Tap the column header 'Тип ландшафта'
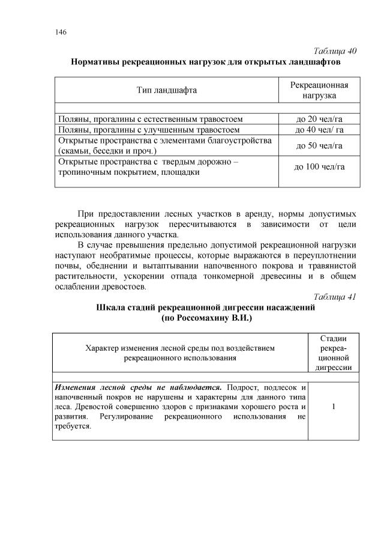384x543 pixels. pos(166,90)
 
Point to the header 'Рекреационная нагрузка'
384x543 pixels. pos(319,90)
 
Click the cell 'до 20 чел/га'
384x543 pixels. pos(319,118)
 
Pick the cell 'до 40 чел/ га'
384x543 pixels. pos(319,129)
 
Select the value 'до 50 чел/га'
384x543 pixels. pos(319,145)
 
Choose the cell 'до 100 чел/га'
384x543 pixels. pos(319,167)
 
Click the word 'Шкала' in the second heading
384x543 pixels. pos(111,307)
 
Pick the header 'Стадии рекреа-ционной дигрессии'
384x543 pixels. pos(332,353)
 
